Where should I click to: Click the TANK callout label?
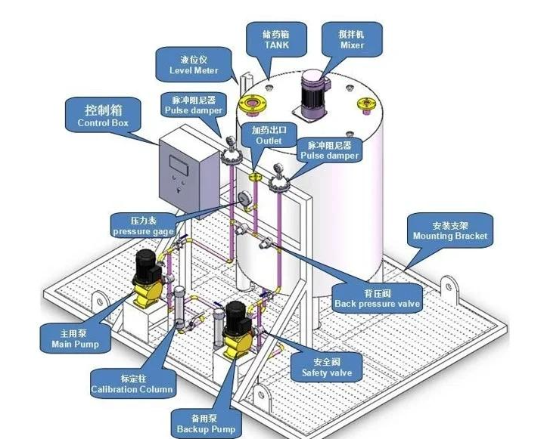(276, 39)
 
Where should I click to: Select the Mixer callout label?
(352, 39)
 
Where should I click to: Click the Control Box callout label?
(103, 116)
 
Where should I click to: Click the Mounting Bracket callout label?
(450, 230)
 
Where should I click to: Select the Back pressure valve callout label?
(377, 298)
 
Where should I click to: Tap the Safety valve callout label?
(327, 367)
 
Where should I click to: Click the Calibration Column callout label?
(132, 385)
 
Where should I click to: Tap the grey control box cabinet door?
(184, 170)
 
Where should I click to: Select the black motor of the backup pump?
(236, 315)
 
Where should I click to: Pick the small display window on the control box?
(179, 160)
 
